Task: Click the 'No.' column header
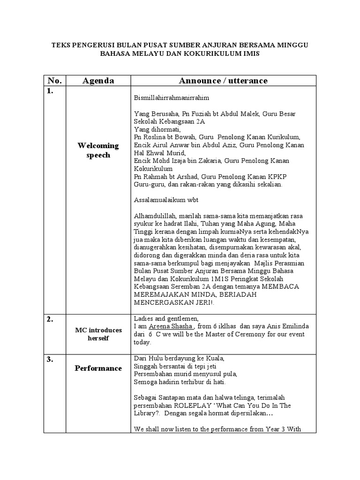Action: click(55, 81)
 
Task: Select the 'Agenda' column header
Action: click(98, 81)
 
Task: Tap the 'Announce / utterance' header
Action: click(223, 81)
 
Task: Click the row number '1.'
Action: click(50, 91)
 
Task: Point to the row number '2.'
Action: click(50, 319)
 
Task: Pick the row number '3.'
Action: click(50, 360)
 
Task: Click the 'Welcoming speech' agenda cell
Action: click(98, 150)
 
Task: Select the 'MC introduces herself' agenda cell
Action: click(98, 334)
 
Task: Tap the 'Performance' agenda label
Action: click(98, 368)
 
